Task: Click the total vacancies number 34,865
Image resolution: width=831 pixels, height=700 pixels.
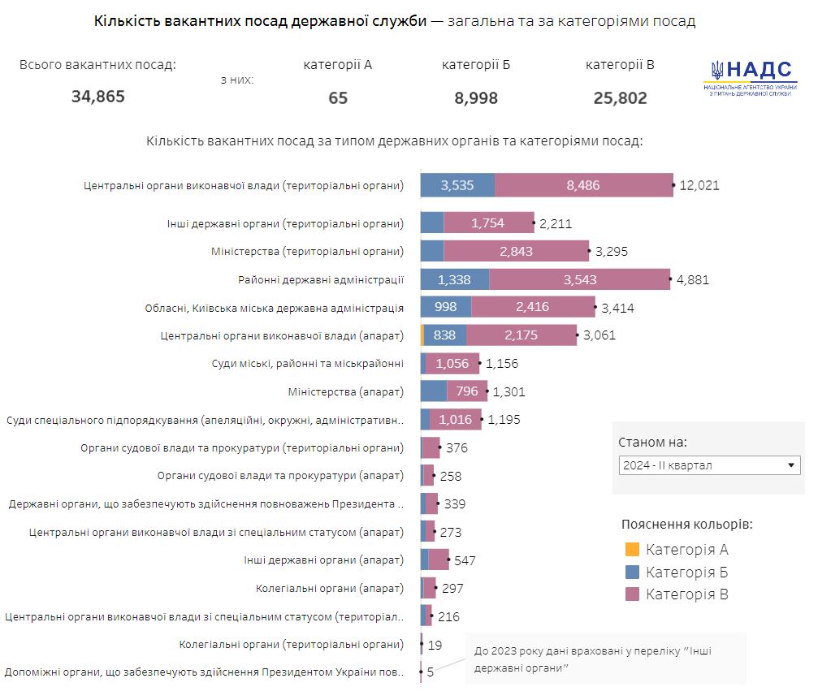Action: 97,97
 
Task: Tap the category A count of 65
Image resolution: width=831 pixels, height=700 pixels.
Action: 338,98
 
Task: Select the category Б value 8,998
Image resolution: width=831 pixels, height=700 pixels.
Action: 476,98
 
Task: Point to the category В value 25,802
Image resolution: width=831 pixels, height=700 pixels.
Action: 620,98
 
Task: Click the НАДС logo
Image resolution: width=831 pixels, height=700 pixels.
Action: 751,80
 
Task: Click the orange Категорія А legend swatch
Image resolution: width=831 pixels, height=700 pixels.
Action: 633,550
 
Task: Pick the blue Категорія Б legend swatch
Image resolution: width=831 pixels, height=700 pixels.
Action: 633,573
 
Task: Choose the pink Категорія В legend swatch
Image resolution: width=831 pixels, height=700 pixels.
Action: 633,594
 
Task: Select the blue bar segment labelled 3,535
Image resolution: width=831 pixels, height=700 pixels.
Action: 457,185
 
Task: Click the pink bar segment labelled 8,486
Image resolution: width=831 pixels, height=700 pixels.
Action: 583,185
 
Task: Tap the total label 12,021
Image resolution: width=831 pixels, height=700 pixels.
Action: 699,185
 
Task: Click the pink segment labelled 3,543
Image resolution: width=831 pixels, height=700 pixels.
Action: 579,280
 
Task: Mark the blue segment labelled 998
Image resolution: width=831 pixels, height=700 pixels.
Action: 446,307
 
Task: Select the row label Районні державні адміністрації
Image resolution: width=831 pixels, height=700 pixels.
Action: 321,280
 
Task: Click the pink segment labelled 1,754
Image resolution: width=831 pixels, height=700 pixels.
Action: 487,223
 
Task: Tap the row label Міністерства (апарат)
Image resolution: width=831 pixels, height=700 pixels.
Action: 345,391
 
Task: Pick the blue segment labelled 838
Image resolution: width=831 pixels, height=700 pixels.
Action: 444,335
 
